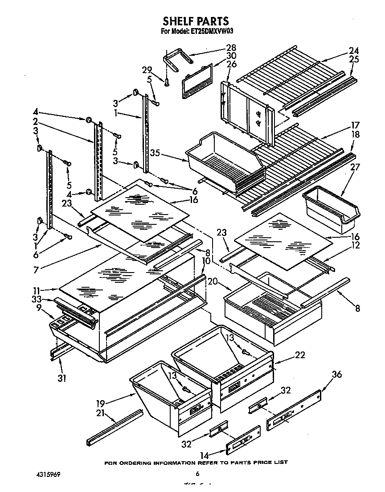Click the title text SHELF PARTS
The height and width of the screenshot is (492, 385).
tap(196, 21)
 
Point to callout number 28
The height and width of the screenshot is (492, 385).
tap(231, 48)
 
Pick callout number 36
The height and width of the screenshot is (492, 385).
tap(337, 374)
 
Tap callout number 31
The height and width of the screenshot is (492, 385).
tap(62, 378)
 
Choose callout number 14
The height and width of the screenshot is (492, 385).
tap(205, 455)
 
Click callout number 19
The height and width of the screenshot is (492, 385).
tap(100, 404)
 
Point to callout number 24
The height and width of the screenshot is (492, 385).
tap(353, 50)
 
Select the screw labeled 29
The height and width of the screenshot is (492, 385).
tap(167, 82)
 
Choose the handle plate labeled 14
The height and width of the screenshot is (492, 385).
tap(243, 441)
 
